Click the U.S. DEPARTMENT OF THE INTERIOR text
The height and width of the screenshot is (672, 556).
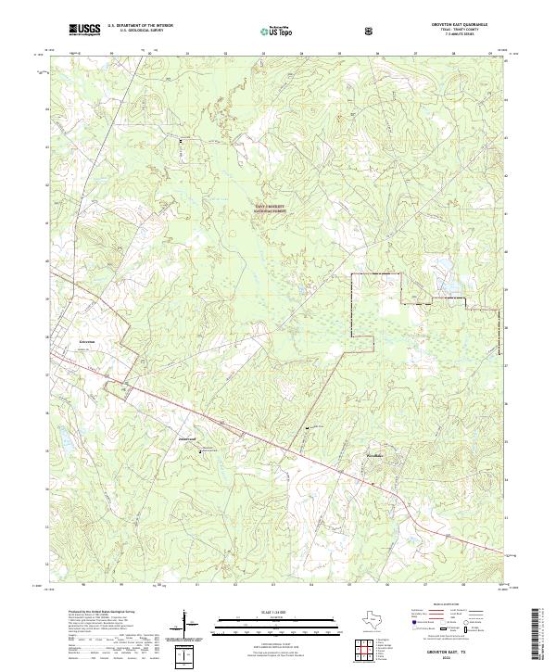click(140, 27)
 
